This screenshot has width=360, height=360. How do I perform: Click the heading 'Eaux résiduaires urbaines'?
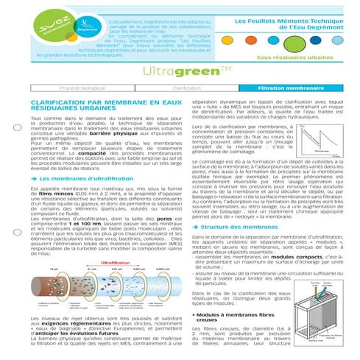tap(306, 56)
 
